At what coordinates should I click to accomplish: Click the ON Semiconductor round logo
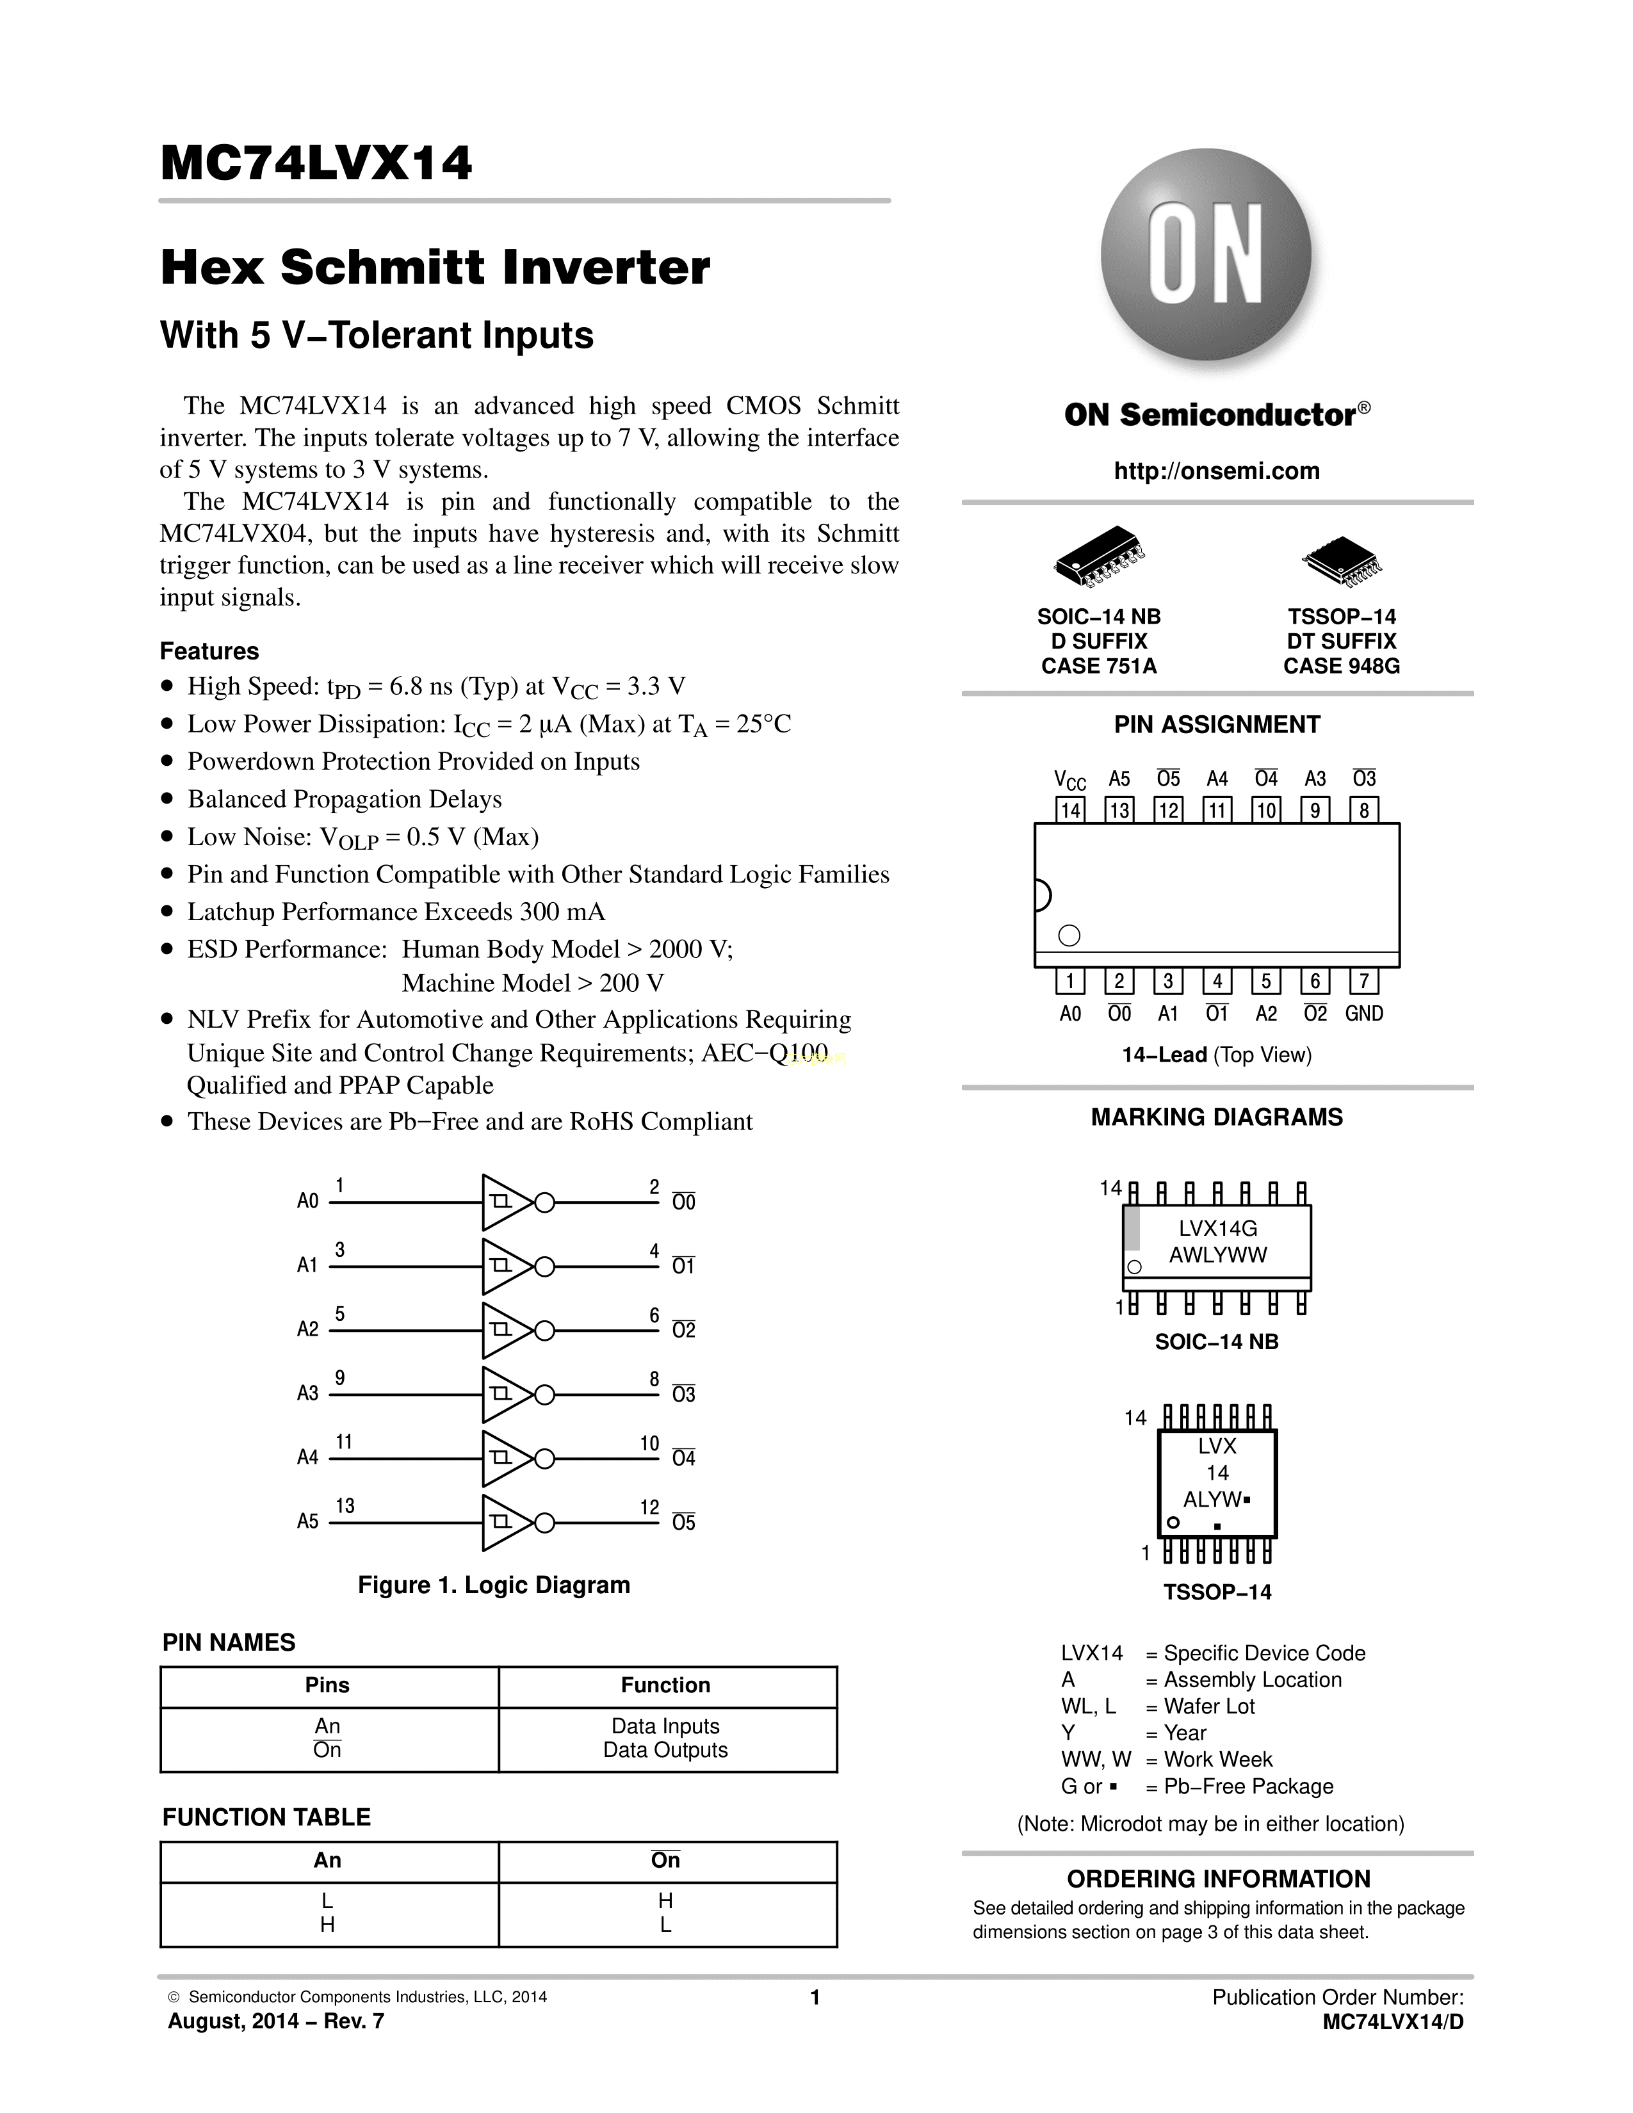(x=1206, y=254)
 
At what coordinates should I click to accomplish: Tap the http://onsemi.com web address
(x=1216, y=471)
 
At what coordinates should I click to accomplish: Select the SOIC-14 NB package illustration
(x=1099, y=558)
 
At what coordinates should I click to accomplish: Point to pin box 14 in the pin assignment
(x=1070, y=810)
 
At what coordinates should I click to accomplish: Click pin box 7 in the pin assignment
(x=1363, y=981)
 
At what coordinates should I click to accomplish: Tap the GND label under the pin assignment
(x=1364, y=1014)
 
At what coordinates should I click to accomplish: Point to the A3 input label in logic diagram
(x=307, y=1393)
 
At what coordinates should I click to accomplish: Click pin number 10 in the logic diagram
(x=649, y=1443)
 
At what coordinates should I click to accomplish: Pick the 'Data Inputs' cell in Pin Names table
(x=665, y=1726)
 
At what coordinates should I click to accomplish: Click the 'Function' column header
(x=665, y=1685)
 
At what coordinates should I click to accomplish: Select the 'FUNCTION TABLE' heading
(x=266, y=1817)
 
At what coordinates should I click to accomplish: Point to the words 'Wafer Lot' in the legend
(x=1209, y=1706)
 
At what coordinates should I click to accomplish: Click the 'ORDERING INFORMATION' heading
(x=1218, y=1879)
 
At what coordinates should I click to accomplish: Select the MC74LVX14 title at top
(x=316, y=163)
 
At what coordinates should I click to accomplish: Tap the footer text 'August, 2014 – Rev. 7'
(x=276, y=2021)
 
